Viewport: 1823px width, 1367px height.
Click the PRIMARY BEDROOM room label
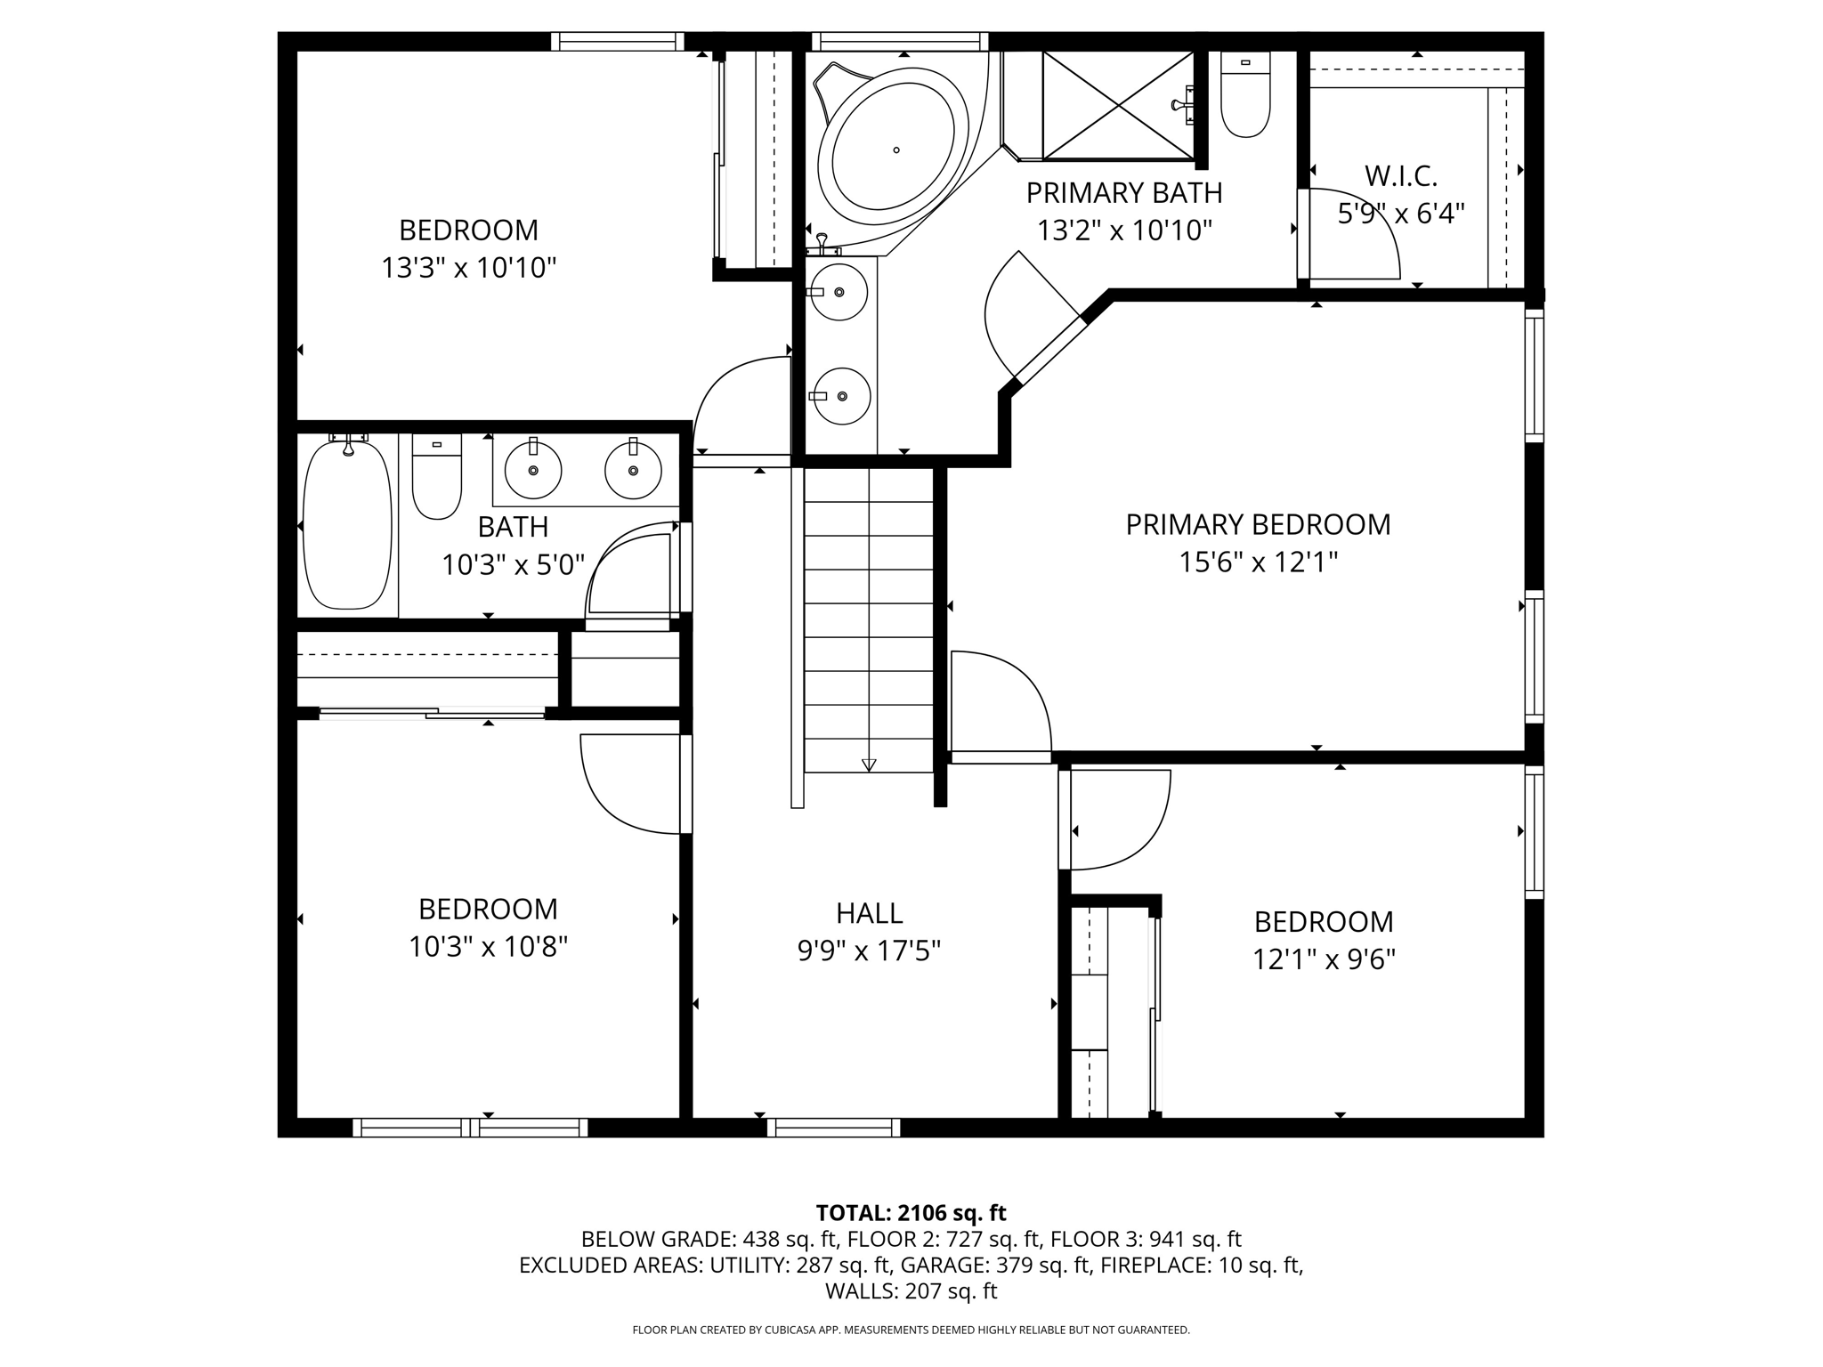tap(1257, 525)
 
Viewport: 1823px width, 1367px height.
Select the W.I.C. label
tap(1400, 177)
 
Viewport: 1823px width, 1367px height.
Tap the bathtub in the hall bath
tap(347, 525)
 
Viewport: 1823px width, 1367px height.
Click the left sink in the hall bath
tap(533, 469)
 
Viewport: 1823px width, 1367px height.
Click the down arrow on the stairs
tap(869, 764)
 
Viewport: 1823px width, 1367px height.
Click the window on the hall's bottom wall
tap(833, 1128)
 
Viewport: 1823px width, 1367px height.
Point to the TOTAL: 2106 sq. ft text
tap(911, 1213)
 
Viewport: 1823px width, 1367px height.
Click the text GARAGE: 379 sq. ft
tap(995, 1265)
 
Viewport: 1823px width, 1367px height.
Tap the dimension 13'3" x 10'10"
tap(468, 268)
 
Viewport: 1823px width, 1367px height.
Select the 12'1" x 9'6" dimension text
tap(1323, 959)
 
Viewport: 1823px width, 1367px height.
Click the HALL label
tap(869, 913)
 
